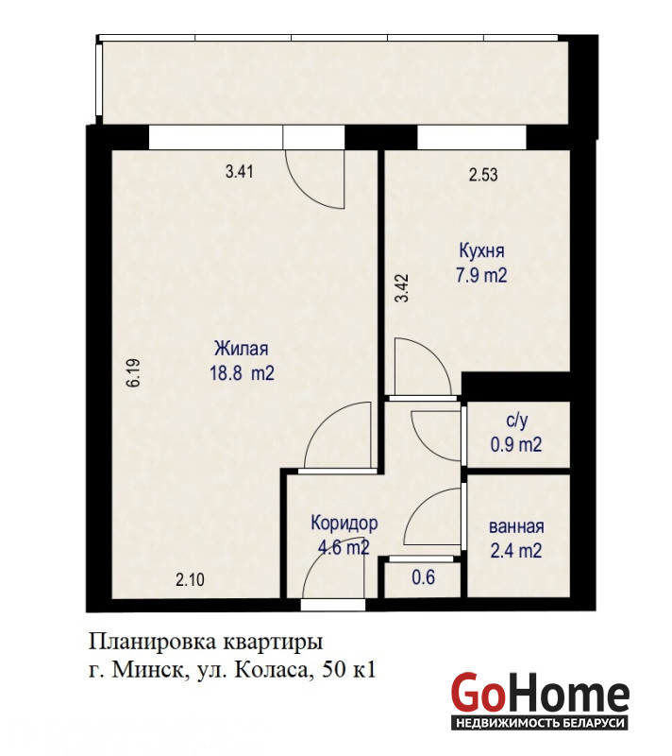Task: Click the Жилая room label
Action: click(x=242, y=349)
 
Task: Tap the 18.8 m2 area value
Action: click(x=242, y=372)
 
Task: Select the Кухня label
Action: click(x=482, y=251)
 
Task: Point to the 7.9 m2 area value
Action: click(x=481, y=275)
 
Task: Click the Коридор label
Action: click(x=344, y=524)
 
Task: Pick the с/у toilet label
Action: click(x=517, y=421)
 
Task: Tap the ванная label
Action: click(x=516, y=526)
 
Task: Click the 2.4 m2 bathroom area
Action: click(x=516, y=550)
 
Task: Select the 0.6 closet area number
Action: click(x=424, y=577)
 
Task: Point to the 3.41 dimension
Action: click(x=239, y=171)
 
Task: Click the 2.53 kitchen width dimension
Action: click(x=483, y=174)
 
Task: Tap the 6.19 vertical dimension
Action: click(x=133, y=372)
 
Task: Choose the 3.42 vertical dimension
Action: click(x=401, y=288)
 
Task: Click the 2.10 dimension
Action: click(x=190, y=579)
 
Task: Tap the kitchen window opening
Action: click(x=471, y=138)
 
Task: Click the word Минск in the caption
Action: click(x=150, y=670)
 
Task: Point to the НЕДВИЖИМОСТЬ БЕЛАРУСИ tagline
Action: click(x=540, y=723)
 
